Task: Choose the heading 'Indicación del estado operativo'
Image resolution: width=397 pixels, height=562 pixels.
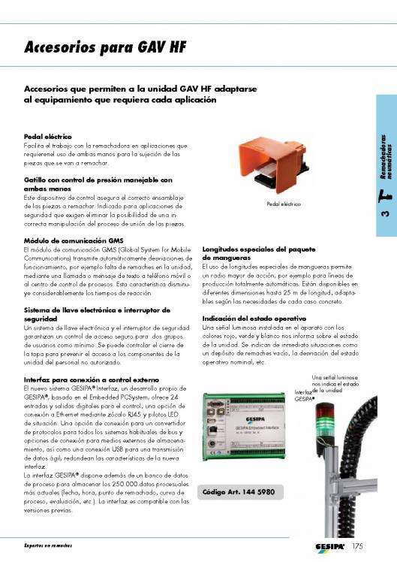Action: click(254, 319)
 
